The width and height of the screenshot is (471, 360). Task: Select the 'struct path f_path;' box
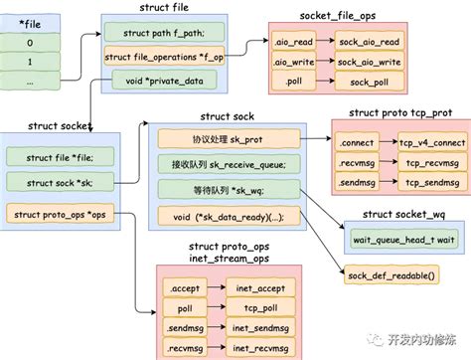(x=164, y=34)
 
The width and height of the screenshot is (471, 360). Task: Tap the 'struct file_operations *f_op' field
(x=164, y=57)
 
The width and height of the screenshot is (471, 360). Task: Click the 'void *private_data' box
(x=164, y=80)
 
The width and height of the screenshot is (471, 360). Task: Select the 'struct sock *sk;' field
(x=62, y=181)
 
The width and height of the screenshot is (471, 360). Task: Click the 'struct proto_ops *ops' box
(x=62, y=211)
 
